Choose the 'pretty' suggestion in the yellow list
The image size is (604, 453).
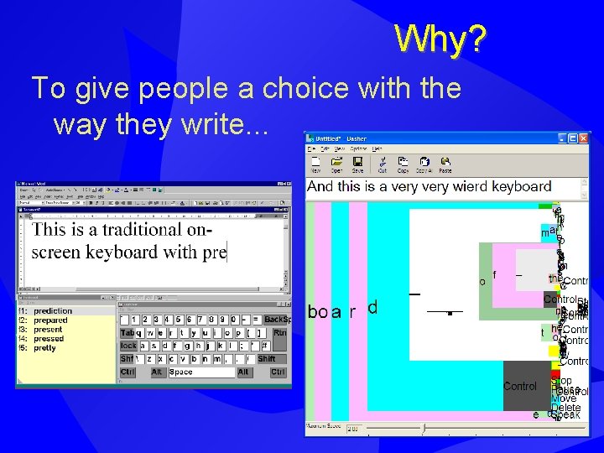pyautogui.click(x=45, y=348)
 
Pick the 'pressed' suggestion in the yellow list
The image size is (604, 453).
pyautogui.click(x=49, y=339)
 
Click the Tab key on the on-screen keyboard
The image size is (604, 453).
pyautogui.click(x=128, y=332)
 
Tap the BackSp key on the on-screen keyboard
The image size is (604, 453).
pyautogui.click(x=276, y=320)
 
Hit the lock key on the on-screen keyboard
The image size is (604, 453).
pyautogui.click(x=128, y=346)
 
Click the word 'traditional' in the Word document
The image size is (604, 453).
pyautogui.click(x=140, y=230)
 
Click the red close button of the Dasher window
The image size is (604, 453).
pyautogui.click(x=583, y=138)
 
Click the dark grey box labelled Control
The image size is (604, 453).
pyautogui.click(x=520, y=386)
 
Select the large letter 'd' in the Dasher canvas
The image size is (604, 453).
pyautogui.click(x=372, y=308)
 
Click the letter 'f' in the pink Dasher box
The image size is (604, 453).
pyautogui.click(x=495, y=274)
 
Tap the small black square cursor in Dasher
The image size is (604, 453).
pyautogui.click(x=450, y=314)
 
